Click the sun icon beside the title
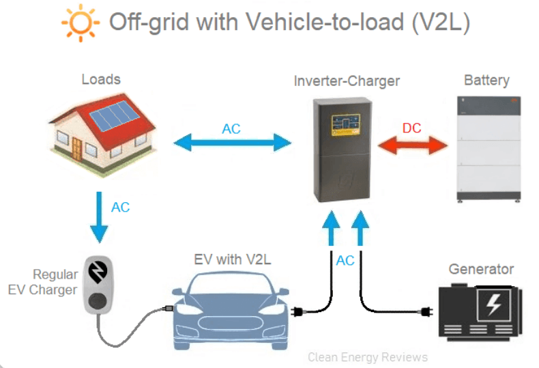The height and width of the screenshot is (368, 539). (x=77, y=23)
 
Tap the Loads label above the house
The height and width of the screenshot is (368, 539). (x=101, y=79)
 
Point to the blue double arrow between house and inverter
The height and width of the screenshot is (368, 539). (x=232, y=143)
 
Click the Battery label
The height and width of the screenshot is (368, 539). (x=486, y=80)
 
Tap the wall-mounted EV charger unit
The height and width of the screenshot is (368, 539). (x=98, y=284)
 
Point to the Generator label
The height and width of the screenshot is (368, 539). (x=481, y=268)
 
